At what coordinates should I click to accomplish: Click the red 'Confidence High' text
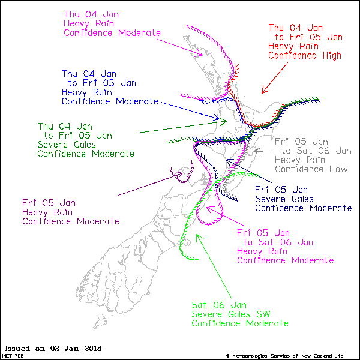point(305,56)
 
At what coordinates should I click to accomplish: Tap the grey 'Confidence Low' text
point(311,169)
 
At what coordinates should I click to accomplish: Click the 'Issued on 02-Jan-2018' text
point(53,348)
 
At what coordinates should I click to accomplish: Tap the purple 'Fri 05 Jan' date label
point(49,202)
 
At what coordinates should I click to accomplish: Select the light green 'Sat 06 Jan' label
point(218,304)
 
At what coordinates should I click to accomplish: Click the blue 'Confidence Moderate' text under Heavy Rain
point(110,101)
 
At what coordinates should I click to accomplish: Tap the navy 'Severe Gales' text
point(284,199)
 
